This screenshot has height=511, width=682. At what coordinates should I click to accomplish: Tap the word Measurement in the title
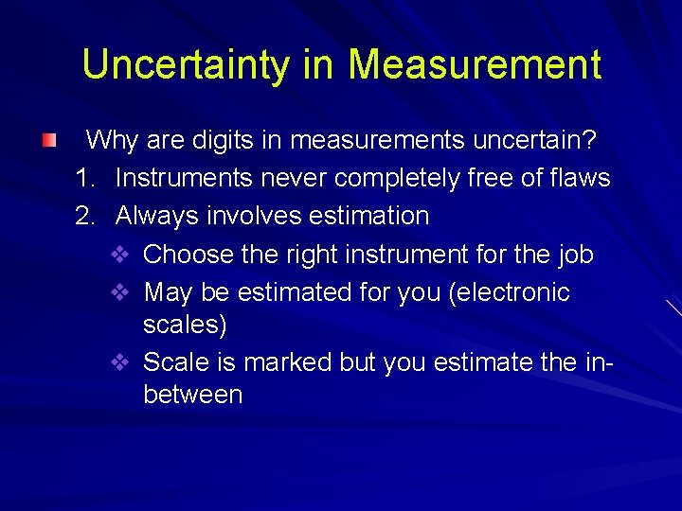coord(474,64)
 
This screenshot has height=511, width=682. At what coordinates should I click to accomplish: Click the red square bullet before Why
coord(49,141)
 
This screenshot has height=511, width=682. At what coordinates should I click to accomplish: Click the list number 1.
coord(85,178)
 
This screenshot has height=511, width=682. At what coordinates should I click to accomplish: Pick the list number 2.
coord(85,216)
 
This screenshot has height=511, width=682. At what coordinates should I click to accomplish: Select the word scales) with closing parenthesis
coord(185,325)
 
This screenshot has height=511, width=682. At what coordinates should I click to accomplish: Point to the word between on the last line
coord(192,395)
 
